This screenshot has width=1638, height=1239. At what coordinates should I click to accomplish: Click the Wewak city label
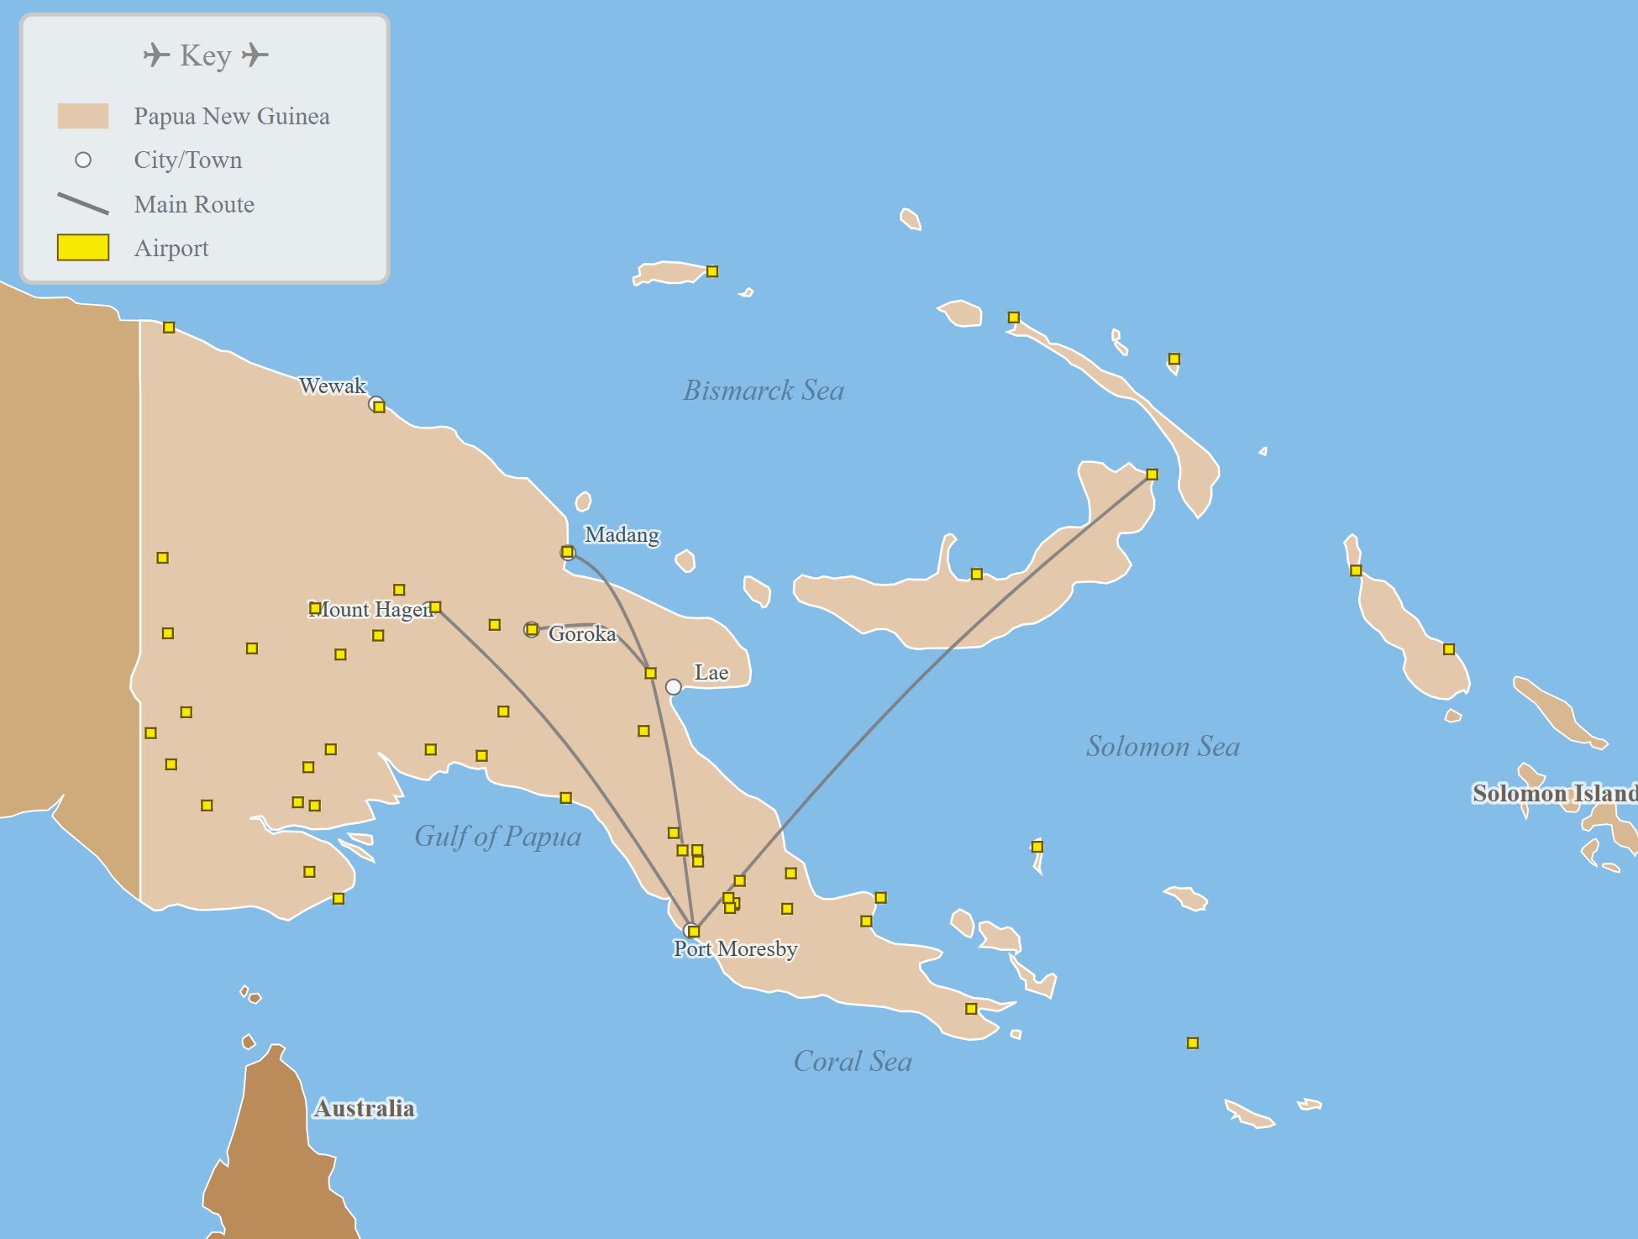333,386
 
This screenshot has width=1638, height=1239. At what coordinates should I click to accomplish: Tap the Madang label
622,534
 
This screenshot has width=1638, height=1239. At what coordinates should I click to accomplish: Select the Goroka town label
582,633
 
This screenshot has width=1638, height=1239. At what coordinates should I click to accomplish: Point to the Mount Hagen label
371,609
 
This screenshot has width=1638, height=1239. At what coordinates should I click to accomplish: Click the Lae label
711,672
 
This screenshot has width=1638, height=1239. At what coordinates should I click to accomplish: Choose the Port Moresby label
735,948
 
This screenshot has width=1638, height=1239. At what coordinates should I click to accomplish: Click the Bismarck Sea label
763,390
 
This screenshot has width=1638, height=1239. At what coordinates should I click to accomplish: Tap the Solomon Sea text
1162,746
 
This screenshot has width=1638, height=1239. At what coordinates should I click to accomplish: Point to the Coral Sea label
853,1061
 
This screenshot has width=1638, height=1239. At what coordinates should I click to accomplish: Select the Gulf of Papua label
497,836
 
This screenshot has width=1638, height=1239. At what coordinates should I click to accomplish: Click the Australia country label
364,1108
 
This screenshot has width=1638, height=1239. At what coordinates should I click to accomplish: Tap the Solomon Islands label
1554,793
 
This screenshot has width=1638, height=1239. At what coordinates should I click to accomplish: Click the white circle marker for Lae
673,687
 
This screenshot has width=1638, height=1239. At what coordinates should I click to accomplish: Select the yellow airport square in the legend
83,248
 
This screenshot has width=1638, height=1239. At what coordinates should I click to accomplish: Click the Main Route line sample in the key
83,203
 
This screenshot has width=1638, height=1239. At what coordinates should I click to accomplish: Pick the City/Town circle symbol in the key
83,160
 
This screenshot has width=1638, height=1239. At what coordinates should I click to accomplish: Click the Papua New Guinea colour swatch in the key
83,116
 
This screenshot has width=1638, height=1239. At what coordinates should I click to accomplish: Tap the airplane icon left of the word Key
155,55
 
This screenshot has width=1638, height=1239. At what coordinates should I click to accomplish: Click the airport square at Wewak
379,407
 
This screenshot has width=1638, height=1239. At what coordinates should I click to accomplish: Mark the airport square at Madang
568,552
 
